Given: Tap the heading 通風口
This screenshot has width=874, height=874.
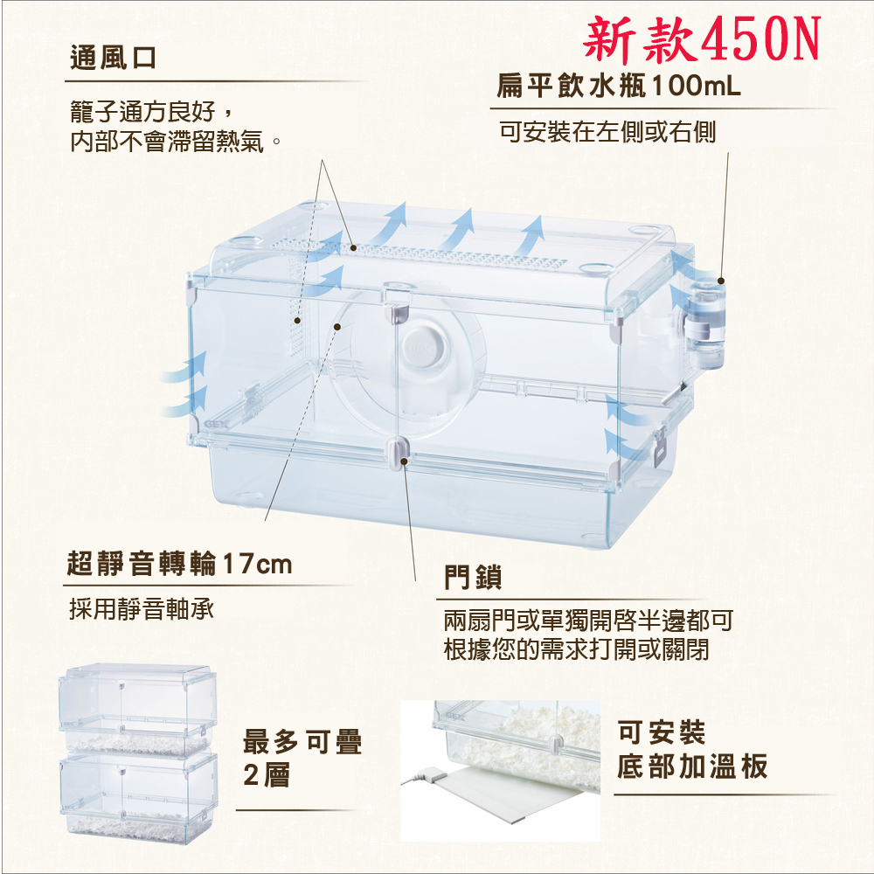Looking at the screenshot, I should coord(113,59).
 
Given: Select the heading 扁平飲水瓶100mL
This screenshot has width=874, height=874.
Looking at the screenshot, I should coord(619,87).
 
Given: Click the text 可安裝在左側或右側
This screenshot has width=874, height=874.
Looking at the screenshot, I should coord(607,132).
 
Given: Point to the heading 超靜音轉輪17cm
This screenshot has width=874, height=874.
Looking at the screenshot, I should coord(180,564).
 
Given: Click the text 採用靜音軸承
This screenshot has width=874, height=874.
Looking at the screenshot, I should coord(142,608).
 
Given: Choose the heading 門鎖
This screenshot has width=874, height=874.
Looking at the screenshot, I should coord(473,577).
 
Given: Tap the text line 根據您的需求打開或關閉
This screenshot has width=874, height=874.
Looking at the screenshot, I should coord(576,650).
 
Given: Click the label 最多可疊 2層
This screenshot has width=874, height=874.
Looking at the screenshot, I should coord(302,758).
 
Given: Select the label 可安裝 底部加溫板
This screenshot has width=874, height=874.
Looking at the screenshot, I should coord(691,749).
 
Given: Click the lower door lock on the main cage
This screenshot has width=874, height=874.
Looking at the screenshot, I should coord(399,451).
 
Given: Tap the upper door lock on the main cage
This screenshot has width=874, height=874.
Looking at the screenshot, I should coord(399,298).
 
